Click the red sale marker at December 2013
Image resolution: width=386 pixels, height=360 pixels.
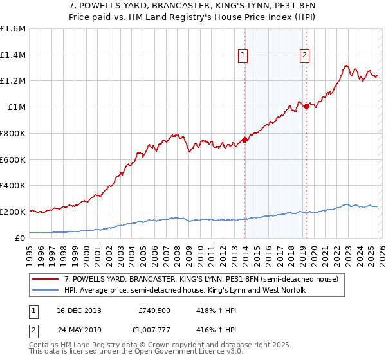(x=244, y=139)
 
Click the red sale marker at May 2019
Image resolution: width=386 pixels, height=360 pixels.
(x=306, y=106)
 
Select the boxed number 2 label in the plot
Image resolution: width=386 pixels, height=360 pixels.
(x=304, y=56)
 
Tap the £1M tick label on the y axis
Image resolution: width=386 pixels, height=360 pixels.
(x=17, y=107)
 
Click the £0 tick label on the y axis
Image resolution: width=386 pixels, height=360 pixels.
(x=21, y=238)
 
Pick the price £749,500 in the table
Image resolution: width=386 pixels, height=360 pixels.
(x=155, y=310)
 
